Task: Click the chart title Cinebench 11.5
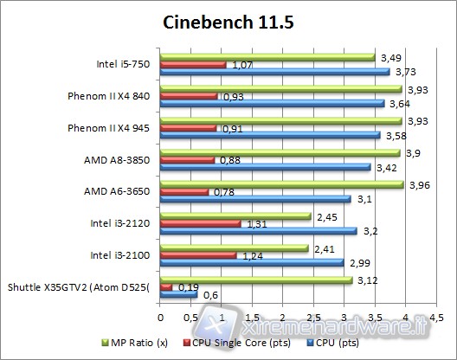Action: point(228,22)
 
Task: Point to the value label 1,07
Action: point(240,65)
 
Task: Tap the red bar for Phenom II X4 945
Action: point(189,127)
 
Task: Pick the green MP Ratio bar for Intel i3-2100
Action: point(235,247)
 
